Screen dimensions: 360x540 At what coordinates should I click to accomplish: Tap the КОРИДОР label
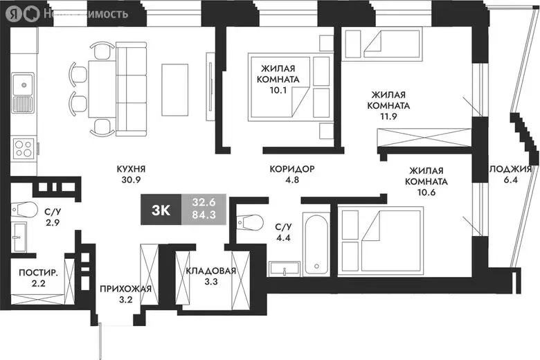(292, 168)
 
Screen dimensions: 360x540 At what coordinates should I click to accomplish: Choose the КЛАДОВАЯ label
(211, 271)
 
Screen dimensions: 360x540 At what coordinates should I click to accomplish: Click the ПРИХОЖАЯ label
(125, 289)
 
